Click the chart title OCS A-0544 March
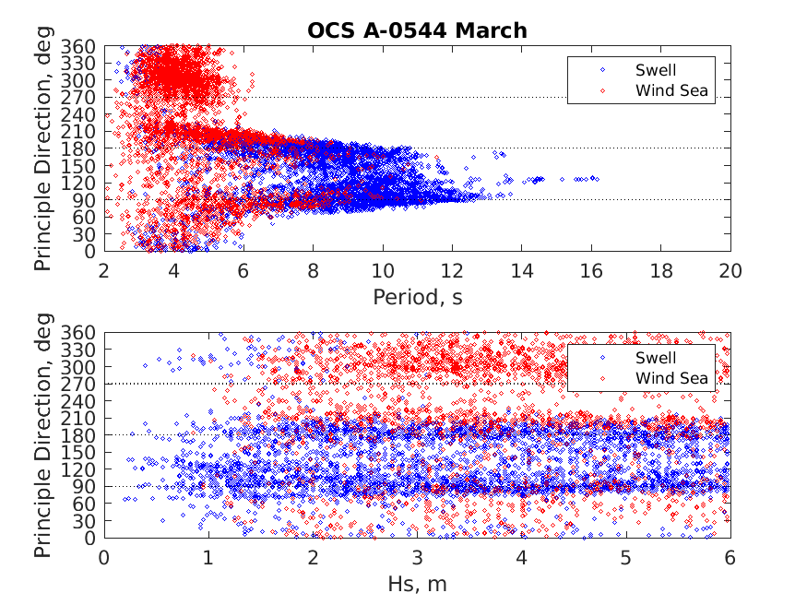point(417,30)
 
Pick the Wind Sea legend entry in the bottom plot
point(671,378)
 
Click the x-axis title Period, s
point(417,296)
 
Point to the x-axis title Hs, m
point(417,584)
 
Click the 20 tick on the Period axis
point(730,269)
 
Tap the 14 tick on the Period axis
point(522,269)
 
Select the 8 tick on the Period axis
point(313,269)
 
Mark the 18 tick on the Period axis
point(661,269)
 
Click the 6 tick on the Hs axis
point(730,558)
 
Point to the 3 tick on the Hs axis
point(417,558)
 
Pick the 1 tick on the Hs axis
point(208,558)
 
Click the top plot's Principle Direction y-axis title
point(43,148)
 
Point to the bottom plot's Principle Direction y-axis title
point(43,435)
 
